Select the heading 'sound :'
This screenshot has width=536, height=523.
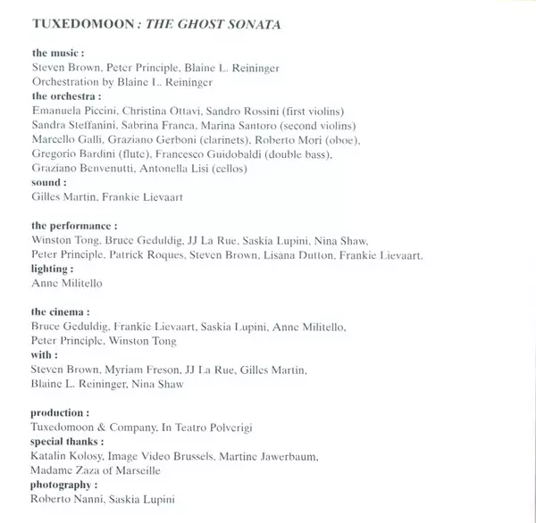pyautogui.click(x=49, y=182)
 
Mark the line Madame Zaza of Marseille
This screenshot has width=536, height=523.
pyautogui.click(x=96, y=469)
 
